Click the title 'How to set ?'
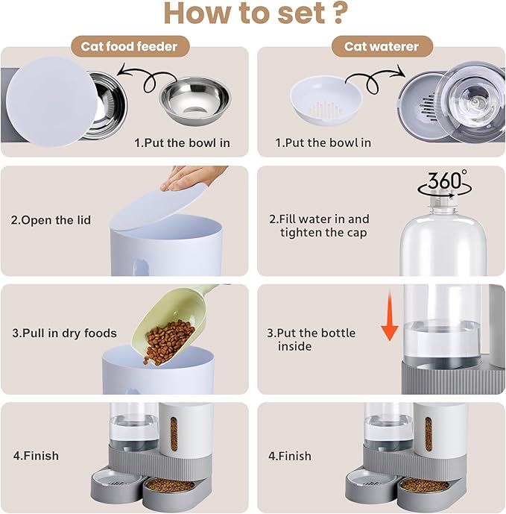pos(253,15)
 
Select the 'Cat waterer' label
pos(381,46)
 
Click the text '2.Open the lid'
pos(51,220)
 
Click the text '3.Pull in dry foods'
pos(64,333)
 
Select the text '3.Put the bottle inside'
pos(311,339)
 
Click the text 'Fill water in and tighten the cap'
pos(318,225)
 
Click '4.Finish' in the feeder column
pos(34,455)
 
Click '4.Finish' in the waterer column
pos(290,455)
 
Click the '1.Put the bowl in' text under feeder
pos(182,142)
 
